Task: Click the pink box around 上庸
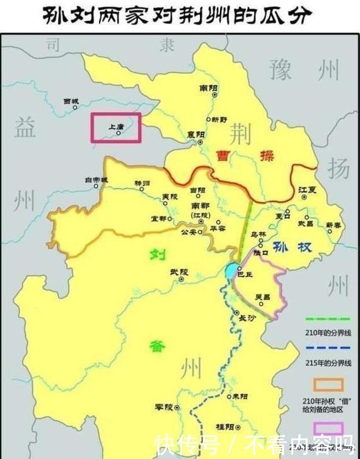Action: pos(116,127)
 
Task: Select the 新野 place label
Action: pos(219,119)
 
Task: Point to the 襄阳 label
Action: pos(195,134)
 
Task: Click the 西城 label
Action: pos(71,101)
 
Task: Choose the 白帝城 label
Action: pos(96,180)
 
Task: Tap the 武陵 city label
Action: pos(178,272)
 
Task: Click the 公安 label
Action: pos(189,232)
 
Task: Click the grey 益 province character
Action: pos(25,127)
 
